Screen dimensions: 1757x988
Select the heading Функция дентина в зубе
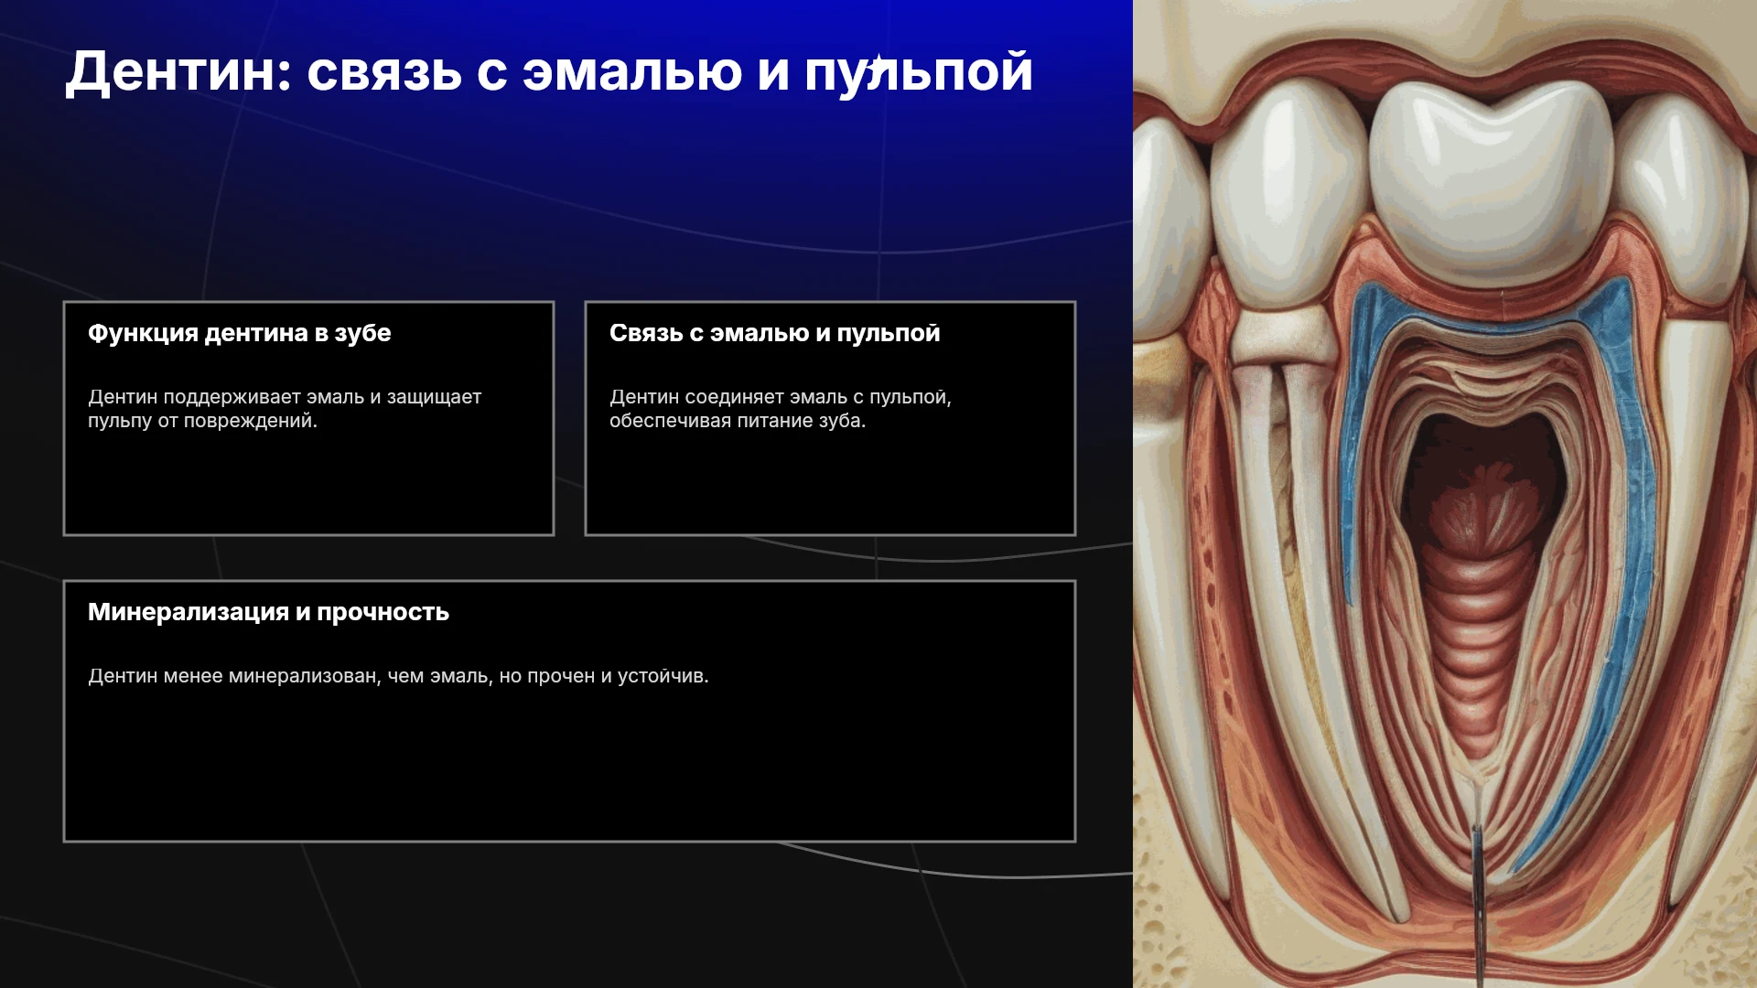pyautogui.click(x=240, y=333)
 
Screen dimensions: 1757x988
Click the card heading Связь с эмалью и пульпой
pyautogui.click(x=775, y=333)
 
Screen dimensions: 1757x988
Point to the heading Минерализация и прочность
pyautogui.click(x=268, y=612)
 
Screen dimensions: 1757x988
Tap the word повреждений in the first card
pyautogui.click(x=250, y=421)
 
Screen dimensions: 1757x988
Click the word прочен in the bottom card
pyautogui.click(x=561, y=677)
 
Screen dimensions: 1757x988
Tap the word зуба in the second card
pyautogui.click(x=841, y=421)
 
